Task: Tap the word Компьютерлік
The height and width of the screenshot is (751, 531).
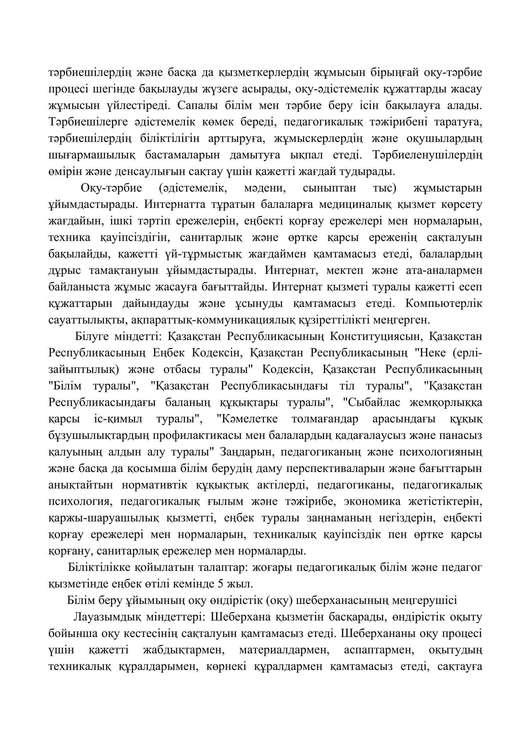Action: click(444, 303)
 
